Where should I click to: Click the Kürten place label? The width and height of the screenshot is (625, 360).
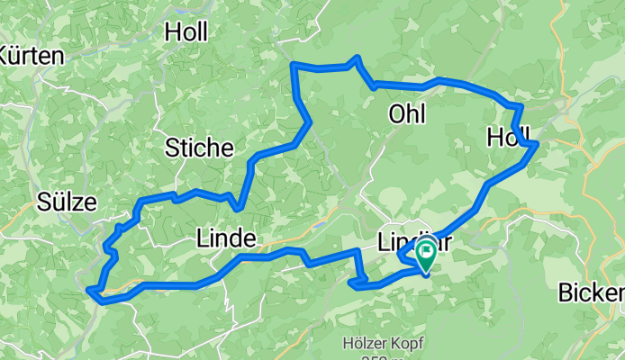click(31, 56)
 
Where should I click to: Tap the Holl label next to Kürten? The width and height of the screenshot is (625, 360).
click(186, 32)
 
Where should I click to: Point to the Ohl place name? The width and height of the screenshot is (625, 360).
click(406, 113)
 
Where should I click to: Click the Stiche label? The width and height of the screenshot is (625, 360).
click(200, 148)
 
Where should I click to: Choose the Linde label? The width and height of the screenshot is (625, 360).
click(225, 238)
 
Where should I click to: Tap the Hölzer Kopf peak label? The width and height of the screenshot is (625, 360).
click(384, 343)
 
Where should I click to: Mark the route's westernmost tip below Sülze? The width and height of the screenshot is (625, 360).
click(89, 290)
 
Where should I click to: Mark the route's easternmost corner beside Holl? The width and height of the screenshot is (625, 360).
click(536, 143)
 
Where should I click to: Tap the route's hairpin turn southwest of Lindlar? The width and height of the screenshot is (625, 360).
click(350, 283)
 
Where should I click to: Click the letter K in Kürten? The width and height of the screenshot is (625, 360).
click(5, 56)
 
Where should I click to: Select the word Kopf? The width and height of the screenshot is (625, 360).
click(405, 343)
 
